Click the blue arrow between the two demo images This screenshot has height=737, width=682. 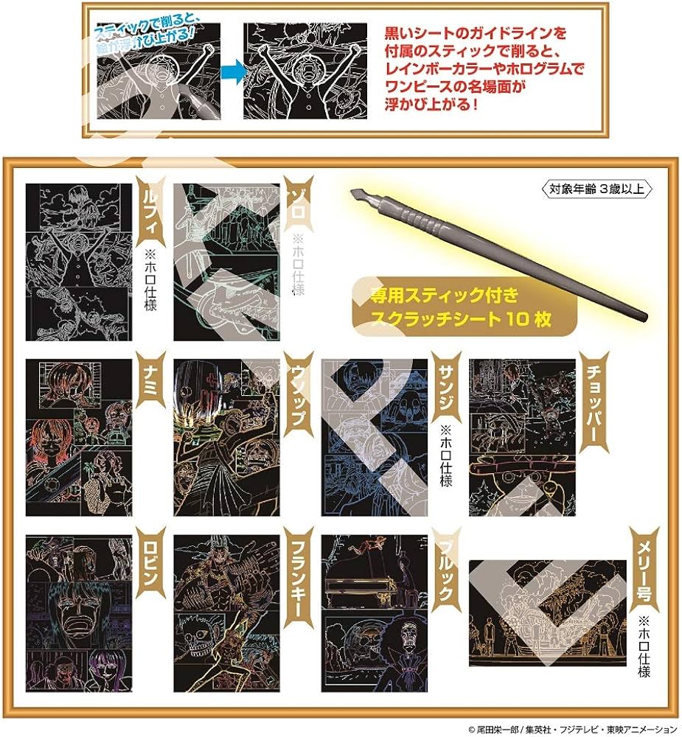(232, 71)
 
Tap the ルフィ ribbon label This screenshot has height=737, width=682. (150, 211)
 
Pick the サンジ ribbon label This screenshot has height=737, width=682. (445, 391)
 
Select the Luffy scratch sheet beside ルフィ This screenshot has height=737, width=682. (79, 262)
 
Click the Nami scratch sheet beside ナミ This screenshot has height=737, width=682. (79, 438)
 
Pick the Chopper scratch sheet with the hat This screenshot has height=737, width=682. (522, 438)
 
